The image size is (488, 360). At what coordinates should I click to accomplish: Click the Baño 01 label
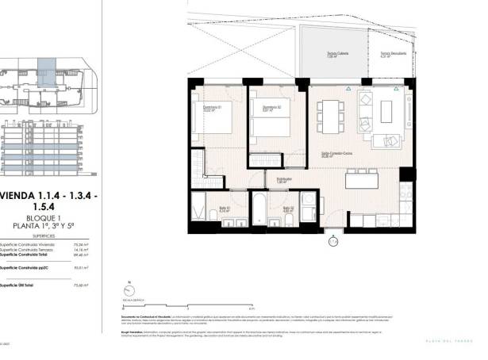[225, 210]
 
